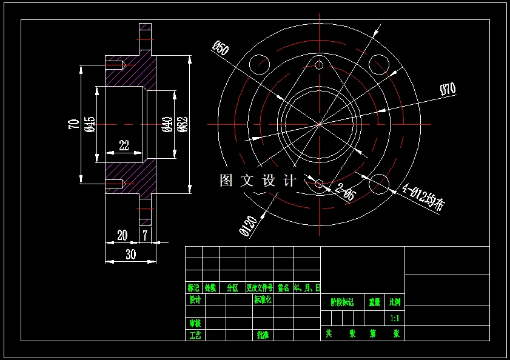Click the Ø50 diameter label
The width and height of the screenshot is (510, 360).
point(220,48)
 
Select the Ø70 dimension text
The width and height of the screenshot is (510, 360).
point(448,89)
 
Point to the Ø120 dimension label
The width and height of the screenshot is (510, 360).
point(247,225)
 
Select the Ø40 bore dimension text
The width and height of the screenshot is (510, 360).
point(167,124)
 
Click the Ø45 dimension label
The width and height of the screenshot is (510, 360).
point(90,124)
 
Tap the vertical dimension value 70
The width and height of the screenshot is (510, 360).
point(74,124)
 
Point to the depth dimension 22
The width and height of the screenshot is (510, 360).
point(124,145)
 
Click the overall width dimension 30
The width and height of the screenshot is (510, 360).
point(130,255)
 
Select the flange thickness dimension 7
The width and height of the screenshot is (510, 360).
point(145,235)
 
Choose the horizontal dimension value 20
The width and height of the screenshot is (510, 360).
point(122,235)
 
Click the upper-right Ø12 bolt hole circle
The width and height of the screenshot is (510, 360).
point(379,64)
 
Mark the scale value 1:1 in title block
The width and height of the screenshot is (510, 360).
point(395,318)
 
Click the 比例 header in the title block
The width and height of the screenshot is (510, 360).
point(395,301)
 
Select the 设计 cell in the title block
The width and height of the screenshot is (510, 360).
point(195,299)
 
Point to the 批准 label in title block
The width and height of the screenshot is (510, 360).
point(263,335)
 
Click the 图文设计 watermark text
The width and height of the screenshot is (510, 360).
point(258,180)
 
